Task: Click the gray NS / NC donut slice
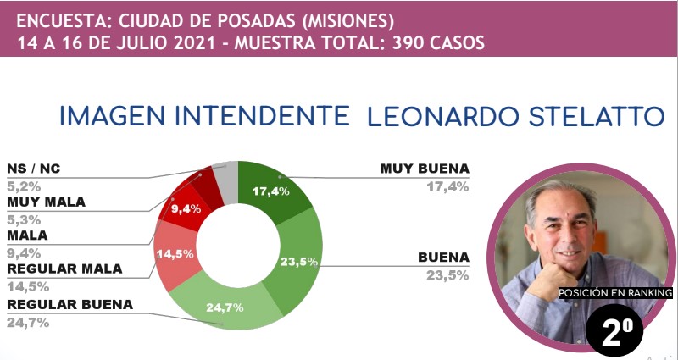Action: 225,177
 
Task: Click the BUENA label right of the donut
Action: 443,257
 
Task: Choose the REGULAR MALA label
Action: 64,269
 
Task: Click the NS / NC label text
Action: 34,168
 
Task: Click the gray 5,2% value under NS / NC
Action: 22,186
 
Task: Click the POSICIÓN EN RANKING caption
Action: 614,293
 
